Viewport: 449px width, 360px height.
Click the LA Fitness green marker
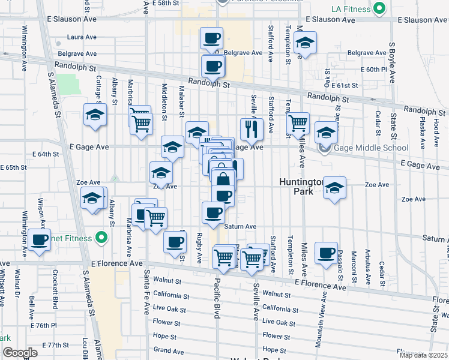[379, 9]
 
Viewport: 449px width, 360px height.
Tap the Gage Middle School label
[372, 148]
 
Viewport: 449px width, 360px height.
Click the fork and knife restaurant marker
[252, 128]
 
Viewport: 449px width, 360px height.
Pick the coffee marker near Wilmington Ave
[40, 241]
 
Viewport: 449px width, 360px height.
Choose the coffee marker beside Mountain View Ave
[327, 253]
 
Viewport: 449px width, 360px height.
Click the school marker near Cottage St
[95, 114]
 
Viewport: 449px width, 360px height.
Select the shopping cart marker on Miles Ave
[298, 124]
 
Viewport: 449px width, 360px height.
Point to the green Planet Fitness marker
[101, 238]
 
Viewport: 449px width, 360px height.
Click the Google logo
[20, 353]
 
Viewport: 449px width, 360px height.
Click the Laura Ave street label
[82, 37]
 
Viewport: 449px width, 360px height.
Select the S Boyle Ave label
[391, 62]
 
